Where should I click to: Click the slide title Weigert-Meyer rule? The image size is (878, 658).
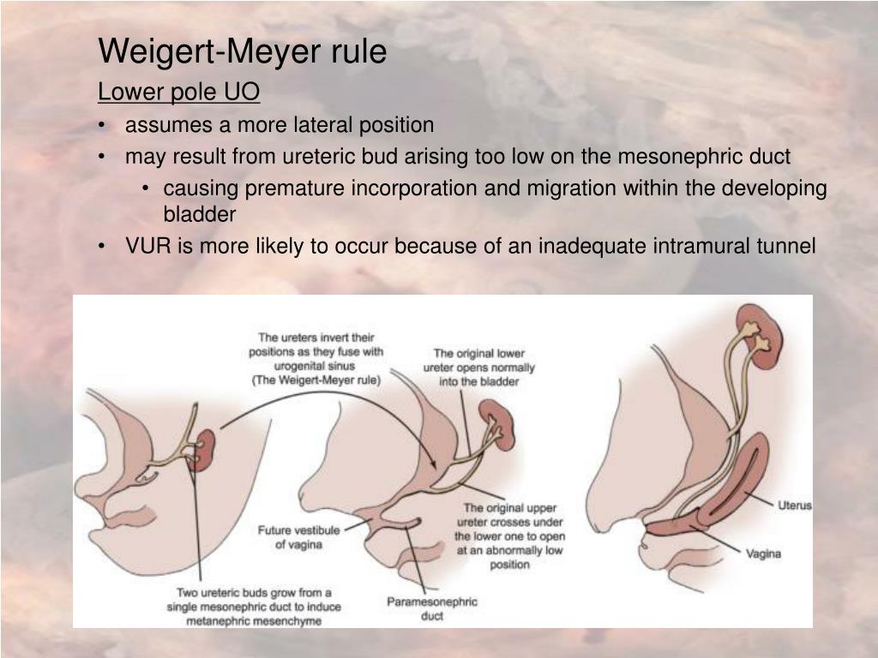(x=243, y=51)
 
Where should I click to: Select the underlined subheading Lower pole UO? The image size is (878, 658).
(x=178, y=91)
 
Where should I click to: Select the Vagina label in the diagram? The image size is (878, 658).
(x=762, y=553)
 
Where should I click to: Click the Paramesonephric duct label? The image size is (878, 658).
(x=431, y=608)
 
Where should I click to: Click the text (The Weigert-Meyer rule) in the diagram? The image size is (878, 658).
(x=316, y=380)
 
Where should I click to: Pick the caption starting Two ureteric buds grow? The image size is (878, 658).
(x=254, y=606)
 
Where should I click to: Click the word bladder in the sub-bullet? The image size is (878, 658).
(x=199, y=214)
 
